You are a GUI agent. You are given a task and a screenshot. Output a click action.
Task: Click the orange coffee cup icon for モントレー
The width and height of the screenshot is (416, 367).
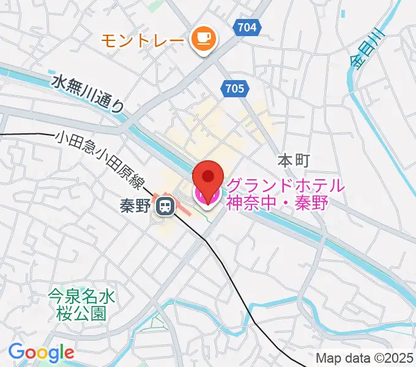[x=202, y=40]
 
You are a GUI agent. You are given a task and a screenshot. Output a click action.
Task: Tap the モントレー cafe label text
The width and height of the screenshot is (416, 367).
[x=142, y=40]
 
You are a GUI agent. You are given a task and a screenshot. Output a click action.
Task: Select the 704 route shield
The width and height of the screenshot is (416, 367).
[x=247, y=27]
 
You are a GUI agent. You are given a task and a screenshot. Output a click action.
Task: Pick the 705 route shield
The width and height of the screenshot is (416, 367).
[x=234, y=89]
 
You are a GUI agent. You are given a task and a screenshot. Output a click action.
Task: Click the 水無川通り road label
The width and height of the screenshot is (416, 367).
[x=87, y=92]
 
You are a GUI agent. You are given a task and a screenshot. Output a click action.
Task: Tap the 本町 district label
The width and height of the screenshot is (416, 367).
[x=294, y=161]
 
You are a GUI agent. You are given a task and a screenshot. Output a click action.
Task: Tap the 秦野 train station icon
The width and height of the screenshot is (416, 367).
[x=164, y=207]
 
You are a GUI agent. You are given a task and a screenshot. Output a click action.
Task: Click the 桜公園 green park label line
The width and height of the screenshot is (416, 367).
[x=81, y=314]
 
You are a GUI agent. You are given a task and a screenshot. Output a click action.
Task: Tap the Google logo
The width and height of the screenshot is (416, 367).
[x=41, y=352]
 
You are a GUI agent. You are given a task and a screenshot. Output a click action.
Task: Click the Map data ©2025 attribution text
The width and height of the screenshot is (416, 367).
[x=365, y=358]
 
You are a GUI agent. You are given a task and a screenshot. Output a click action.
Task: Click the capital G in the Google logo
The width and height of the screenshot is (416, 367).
[x=17, y=352]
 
